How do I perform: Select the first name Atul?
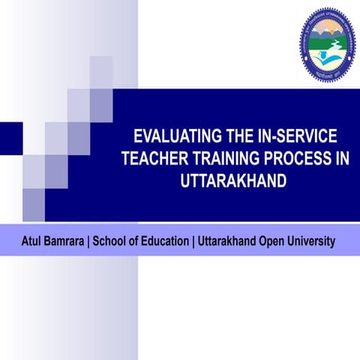pyautogui.click(x=31, y=241)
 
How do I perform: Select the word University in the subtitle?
pyautogui.click(x=316, y=241)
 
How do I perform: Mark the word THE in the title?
pyautogui.click(x=235, y=137)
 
